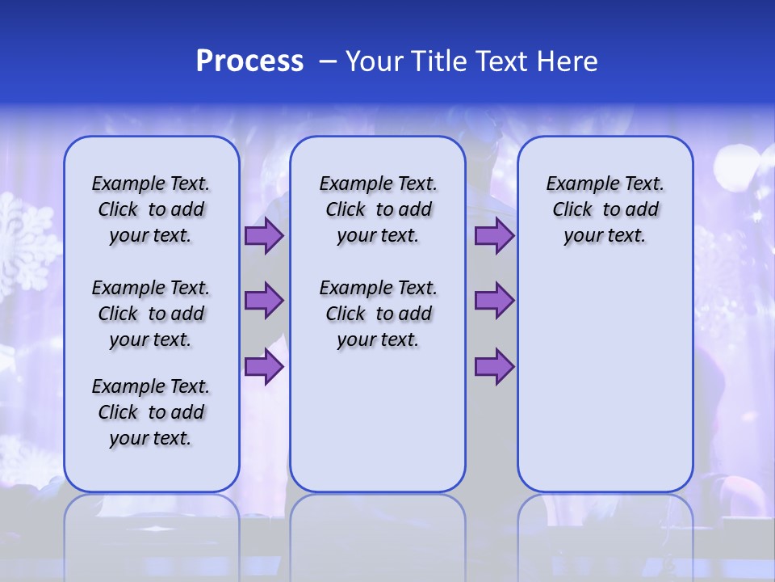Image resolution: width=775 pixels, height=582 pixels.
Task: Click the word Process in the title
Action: pyautogui.click(x=249, y=61)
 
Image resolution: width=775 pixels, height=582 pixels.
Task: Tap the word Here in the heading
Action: pyautogui.click(x=566, y=61)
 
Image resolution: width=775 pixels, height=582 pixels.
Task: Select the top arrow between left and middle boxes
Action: pyautogui.click(x=264, y=236)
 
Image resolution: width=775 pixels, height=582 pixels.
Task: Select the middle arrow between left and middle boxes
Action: pyautogui.click(x=264, y=301)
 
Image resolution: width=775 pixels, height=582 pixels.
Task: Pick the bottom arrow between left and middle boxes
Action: pyautogui.click(x=264, y=367)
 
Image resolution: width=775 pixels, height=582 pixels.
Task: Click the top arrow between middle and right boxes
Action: pyautogui.click(x=494, y=236)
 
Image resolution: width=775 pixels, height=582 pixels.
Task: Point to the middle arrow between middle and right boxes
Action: pyautogui.click(x=494, y=301)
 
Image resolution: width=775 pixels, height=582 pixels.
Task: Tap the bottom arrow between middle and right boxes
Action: pyautogui.click(x=494, y=367)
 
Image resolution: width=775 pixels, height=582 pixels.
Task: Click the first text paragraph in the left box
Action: pyautogui.click(x=151, y=209)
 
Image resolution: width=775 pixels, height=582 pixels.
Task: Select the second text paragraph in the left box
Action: pyautogui.click(x=151, y=314)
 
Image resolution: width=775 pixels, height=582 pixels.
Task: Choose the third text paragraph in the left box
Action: pyautogui.click(x=151, y=412)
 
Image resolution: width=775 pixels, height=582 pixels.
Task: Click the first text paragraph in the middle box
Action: pyautogui.click(x=378, y=209)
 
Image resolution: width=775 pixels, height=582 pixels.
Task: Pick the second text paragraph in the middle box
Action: pyautogui.click(x=378, y=314)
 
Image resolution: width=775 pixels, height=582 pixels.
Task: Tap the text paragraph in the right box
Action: pyautogui.click(x=605, y=209)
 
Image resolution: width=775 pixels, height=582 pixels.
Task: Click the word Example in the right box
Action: pyautogui.click(x=576, y=184)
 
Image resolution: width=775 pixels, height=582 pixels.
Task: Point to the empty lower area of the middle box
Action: pyautogui.click(x=378, y=420)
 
